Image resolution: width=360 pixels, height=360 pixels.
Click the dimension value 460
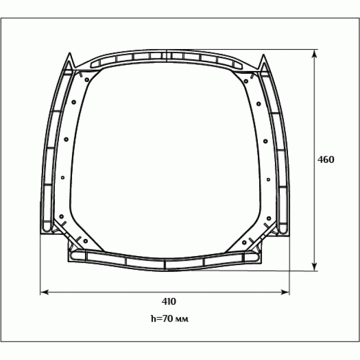326,160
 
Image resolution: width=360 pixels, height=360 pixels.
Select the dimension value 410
169,301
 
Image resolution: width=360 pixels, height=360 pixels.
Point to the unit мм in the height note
182,319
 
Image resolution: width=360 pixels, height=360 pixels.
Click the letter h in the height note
153,319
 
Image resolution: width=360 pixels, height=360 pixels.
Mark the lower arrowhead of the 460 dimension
315,266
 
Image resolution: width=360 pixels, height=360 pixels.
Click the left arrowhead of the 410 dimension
45,292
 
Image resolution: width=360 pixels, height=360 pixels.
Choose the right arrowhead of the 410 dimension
285,292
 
